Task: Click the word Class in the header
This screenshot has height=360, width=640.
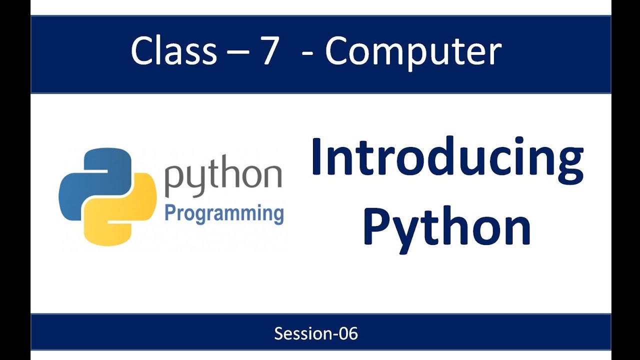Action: tap(173, 51)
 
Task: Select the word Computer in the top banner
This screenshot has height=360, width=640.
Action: tap(413, 52)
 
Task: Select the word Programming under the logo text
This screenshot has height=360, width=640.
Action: tap(224, 213)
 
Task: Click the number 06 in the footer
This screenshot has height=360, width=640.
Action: tap(347, 333)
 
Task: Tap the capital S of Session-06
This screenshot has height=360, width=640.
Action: tap(278, 333)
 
